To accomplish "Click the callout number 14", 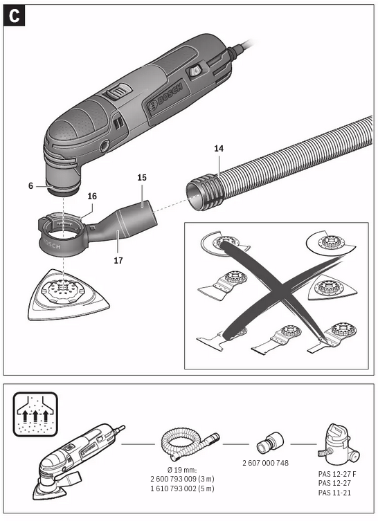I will point(219,148).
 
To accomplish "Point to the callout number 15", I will point(142,178).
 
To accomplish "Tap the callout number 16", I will point(91,196).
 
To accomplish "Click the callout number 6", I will point(31,185).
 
